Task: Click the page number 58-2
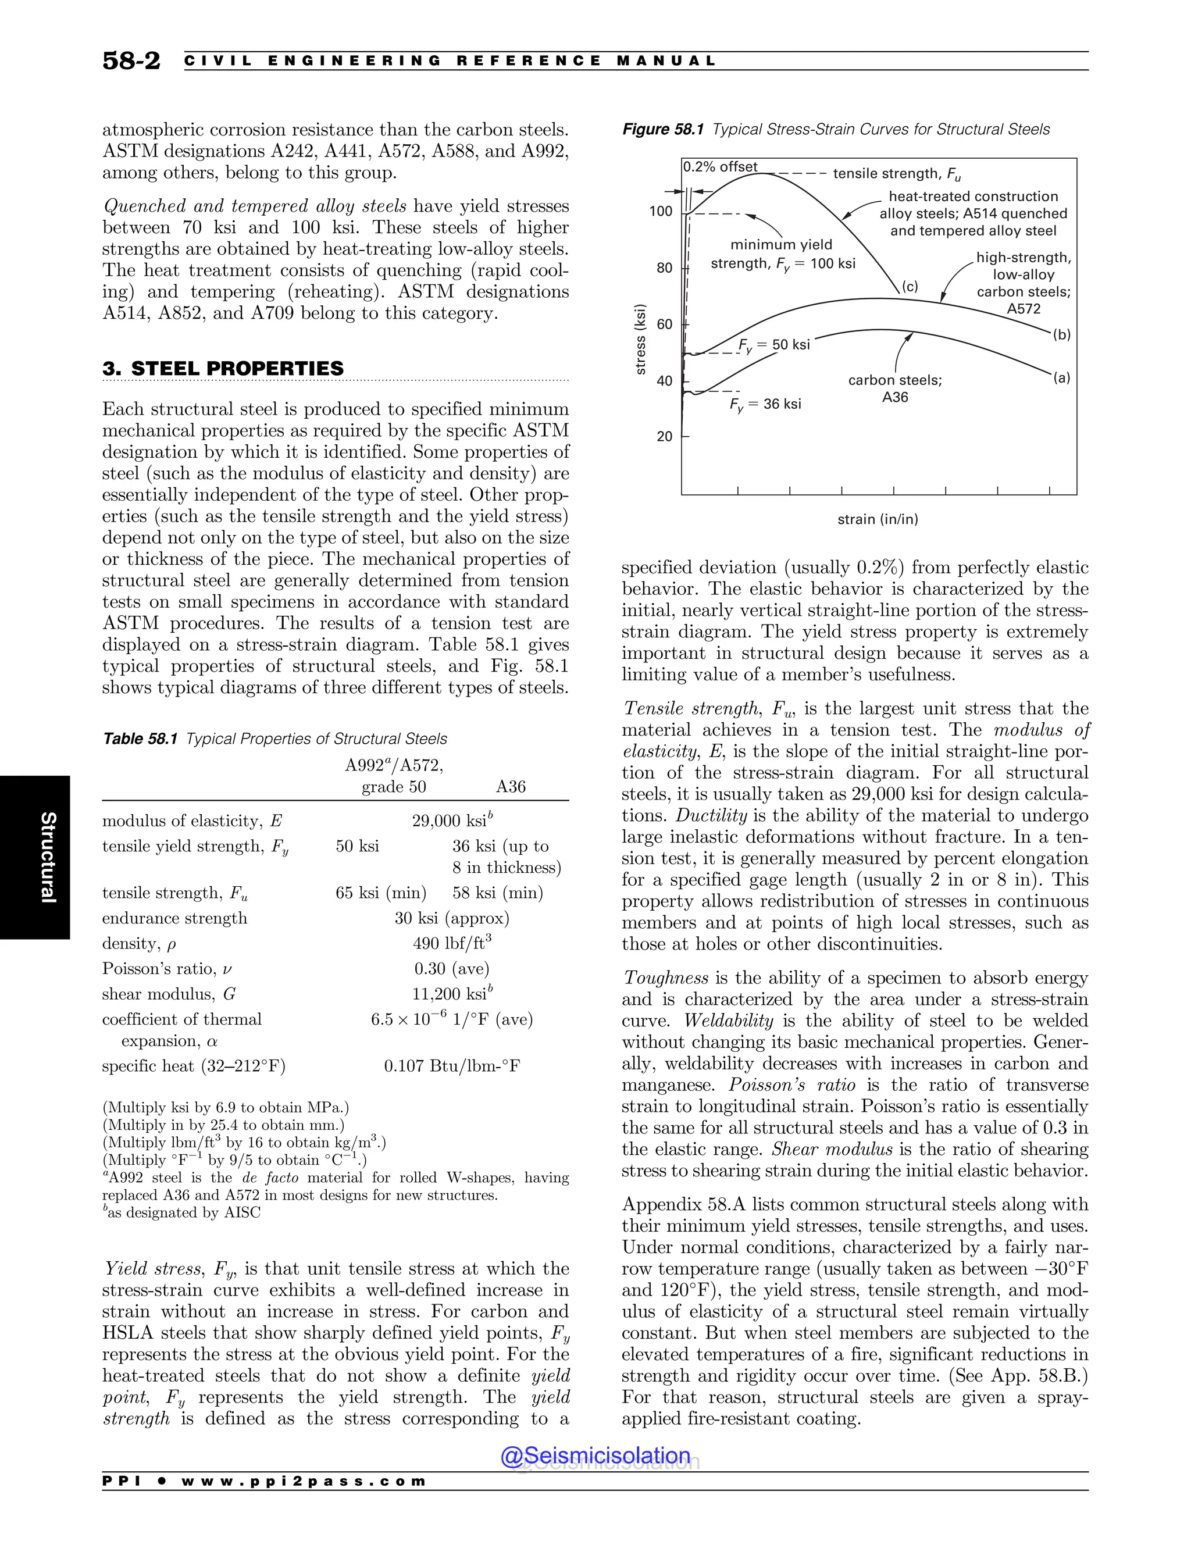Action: click(131, 60)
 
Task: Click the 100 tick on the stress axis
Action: click(661, 211)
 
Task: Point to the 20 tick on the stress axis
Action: click(664, 437)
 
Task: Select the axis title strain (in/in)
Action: click(878, 519)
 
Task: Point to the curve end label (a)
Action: click(1062, 378)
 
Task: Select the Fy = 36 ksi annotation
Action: click(765, 404)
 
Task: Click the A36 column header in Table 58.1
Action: click(511, 787)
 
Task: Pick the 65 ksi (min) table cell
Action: click(381, 893)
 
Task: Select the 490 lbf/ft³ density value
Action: click(451, 943)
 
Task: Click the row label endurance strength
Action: click(174, 918)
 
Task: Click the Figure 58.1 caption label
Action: click(663, 129)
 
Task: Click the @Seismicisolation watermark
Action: click(595, 1456)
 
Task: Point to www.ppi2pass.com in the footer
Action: click(304, 1482)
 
